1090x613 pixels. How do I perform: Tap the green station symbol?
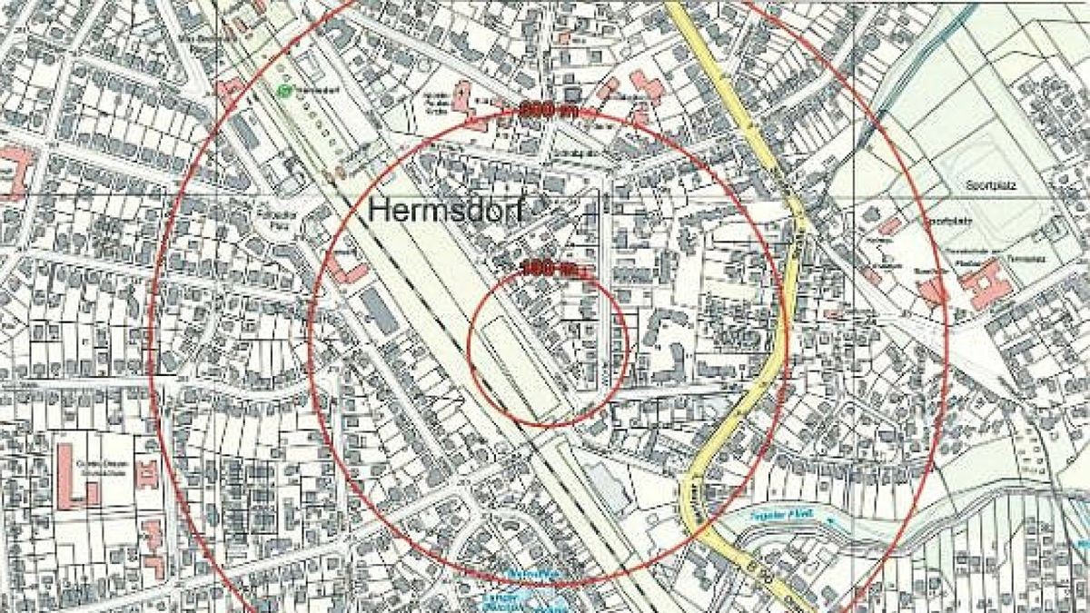pos(286,91)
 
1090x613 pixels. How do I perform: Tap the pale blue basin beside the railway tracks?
pos(607,485)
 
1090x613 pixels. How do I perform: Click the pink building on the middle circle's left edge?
pos(345,267)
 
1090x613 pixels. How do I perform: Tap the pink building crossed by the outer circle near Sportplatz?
pos(932,290)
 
